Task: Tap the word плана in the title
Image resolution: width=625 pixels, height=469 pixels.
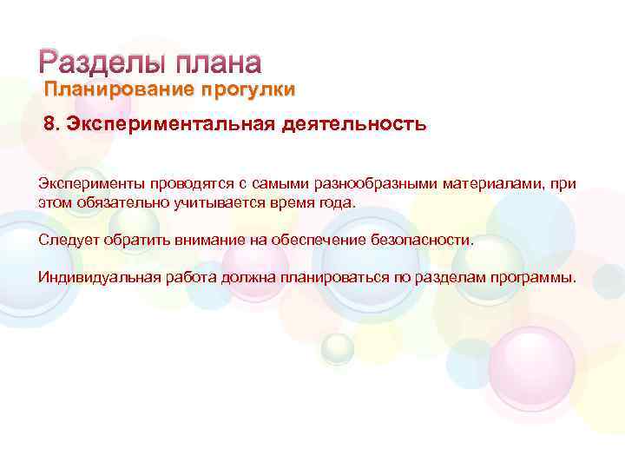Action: [218, 63]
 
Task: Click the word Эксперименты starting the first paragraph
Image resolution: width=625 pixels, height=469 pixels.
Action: [90, 182]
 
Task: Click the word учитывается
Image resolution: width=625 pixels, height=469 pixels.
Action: [208, 202]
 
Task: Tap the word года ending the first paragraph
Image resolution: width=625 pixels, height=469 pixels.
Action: [335, 202]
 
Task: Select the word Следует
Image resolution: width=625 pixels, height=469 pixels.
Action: [68, 239]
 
